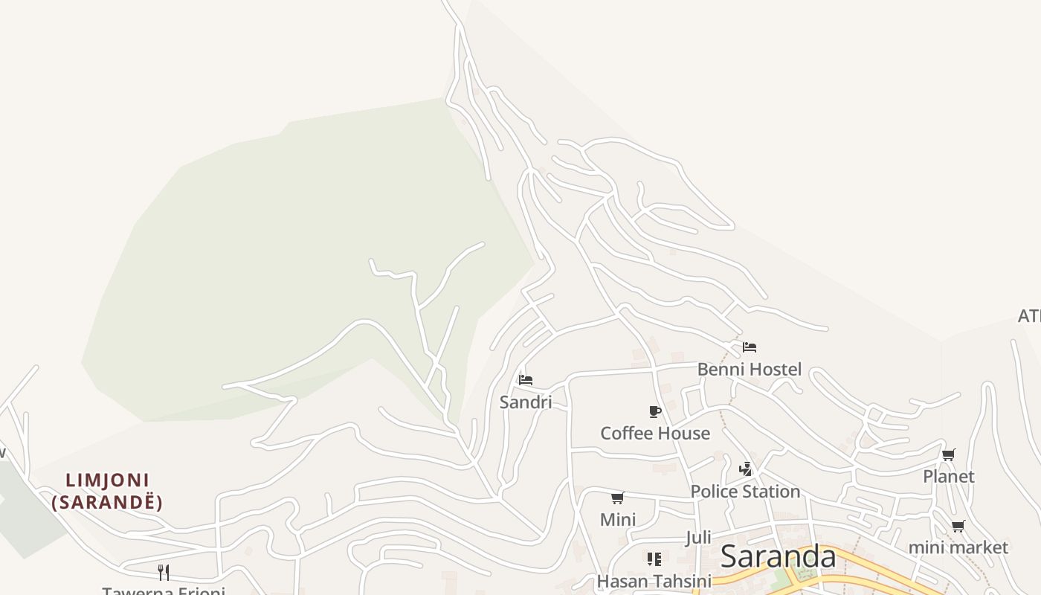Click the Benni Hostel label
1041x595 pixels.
tap(749, 369)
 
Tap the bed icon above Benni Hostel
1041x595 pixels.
tap(749, 347)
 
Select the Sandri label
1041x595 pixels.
tap(525, 402)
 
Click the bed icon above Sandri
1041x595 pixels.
tap(526, 380)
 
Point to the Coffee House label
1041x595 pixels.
tap(654, 433)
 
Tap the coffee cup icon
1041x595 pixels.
tap(654, 411)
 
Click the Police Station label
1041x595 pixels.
tap(745, 492)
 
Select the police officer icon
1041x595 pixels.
tap(746, 469)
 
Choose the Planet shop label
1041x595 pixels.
tap(948, 476)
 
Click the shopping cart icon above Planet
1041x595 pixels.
tap(948, 454)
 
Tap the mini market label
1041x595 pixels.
tap(958, 548)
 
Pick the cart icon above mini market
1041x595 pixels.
tap(958, 527)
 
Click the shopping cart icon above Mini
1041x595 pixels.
tap(617, 498)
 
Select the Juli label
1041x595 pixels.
tap(698, 537)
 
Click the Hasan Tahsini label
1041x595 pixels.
tap(654, 581)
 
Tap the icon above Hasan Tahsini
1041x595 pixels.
tap(654, 559)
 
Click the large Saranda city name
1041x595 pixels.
tap(778, 556)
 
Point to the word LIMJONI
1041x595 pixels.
tap(108, 480)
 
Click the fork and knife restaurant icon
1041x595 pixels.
tap(164, 572)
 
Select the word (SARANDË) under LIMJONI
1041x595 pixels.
tap(108, 502)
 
